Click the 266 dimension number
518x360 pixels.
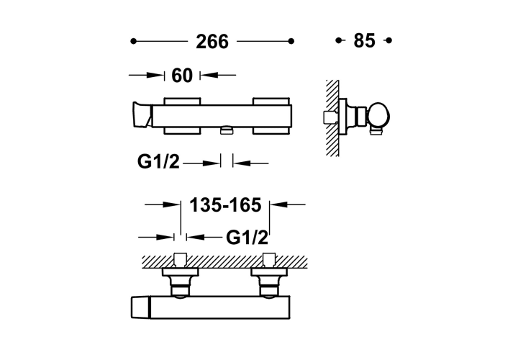[x=212, y=42]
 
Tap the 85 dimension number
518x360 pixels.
[x=364, y=40]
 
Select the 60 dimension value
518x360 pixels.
[x=182, y=76]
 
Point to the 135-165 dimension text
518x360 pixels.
[x=225, y=205]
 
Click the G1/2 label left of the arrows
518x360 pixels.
[x=158, y=162]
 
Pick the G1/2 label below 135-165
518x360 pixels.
[x=247, y=238]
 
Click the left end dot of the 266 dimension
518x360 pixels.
[x=133, y=41]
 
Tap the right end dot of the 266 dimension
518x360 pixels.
[x=291, y=41]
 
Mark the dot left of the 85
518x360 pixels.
[x=338, y=40]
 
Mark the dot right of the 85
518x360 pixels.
[x=388, y=40]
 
